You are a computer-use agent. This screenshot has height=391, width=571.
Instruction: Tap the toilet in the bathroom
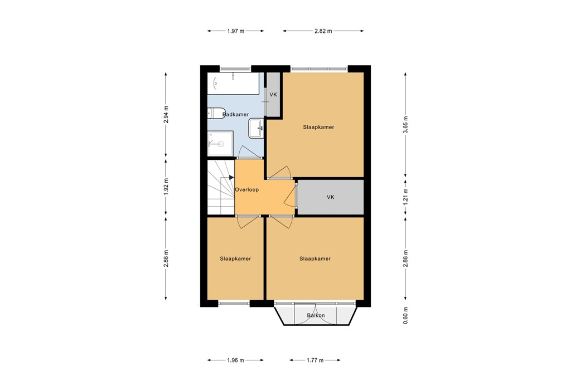click(215, 113)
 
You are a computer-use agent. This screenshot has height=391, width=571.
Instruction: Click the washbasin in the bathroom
click(257, 127)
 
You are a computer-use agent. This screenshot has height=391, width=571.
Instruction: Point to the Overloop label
click(246, 189)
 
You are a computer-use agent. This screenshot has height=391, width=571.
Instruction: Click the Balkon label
click(316, 316)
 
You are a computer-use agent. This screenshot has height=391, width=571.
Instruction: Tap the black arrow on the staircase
click(231, 178)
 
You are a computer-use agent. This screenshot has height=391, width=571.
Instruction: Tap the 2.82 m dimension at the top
click(323, 31)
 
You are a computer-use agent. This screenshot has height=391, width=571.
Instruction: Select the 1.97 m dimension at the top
click(235, 31)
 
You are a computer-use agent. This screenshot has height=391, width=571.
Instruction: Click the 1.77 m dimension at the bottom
click(314, 360)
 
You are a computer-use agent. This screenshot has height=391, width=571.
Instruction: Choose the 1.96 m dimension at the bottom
click(235, 360)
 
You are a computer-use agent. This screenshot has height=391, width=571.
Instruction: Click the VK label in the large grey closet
click(330, 197)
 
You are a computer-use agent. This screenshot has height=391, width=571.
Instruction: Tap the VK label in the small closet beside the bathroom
click(273, 95)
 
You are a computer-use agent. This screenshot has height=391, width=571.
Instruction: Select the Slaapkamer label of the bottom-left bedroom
click(235, 258)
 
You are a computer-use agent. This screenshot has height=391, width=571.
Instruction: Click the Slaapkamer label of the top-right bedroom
click(318, 127)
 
